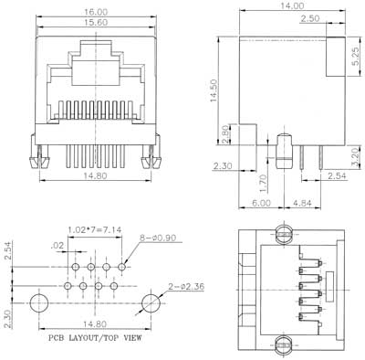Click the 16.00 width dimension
96,12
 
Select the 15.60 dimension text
96,23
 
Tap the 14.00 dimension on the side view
292,5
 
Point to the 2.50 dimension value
310,18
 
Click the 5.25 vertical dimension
356,57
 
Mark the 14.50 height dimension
214,90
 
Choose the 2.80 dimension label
225,134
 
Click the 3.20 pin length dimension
356,157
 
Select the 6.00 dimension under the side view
261,203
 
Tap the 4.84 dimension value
302,203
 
